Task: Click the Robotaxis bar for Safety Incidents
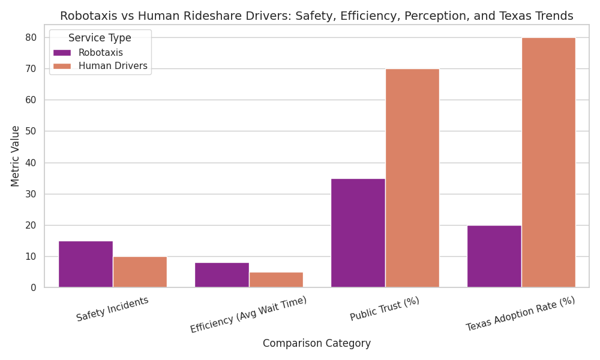[x=85, y=264]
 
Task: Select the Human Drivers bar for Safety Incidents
[x=140, y=272]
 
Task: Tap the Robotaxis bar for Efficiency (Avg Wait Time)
[x=221, y=275]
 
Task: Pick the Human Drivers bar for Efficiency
[x=276, y=280]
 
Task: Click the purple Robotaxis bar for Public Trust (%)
[x=358, y=233]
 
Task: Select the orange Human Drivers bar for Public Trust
[x=412, y=178]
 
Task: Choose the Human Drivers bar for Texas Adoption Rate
[x=548, y=163]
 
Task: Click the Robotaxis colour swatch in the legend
[x=62, y=53]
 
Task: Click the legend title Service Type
[x=100, y=38]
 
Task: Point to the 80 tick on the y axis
[x=31, y=38]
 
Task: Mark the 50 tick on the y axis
[x=31, y=131]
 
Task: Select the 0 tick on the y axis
[x=34, y=288]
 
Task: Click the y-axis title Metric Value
[x=16, y=156]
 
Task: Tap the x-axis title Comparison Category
[x=317, y=344]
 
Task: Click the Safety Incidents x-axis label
[x=112, y=309]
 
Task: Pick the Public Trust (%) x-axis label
[x=385, y=310]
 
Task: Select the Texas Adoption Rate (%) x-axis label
[x=520, y=314]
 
